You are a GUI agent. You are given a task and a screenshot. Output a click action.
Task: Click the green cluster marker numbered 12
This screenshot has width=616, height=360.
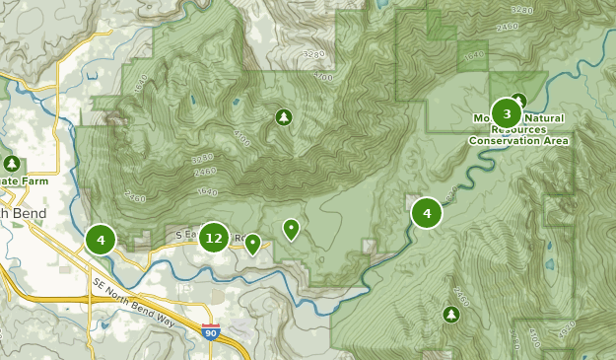coord(214,238)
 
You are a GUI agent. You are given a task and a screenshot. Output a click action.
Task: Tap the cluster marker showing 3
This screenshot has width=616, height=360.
coord(507,112)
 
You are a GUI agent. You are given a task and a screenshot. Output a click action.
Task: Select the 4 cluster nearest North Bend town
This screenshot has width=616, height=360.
coord(100,239)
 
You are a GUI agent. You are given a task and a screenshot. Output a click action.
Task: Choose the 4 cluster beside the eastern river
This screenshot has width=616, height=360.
coord(427,212)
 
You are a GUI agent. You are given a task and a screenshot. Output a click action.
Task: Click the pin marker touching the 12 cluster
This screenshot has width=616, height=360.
coord(252,243)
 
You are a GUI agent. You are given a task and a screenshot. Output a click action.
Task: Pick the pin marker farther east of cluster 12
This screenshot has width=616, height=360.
coord(291,229)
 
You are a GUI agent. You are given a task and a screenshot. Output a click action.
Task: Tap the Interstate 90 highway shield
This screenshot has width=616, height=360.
coord(210,332)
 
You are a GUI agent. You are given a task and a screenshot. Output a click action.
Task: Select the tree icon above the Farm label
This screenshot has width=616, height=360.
coord(12,163)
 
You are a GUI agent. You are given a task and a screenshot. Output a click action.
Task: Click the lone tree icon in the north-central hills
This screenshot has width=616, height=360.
coord(284,117)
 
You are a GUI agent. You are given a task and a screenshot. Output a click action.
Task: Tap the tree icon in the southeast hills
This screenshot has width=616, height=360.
coord(451,314)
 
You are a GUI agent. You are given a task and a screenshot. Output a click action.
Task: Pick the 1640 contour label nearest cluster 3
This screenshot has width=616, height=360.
coord(475,56)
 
